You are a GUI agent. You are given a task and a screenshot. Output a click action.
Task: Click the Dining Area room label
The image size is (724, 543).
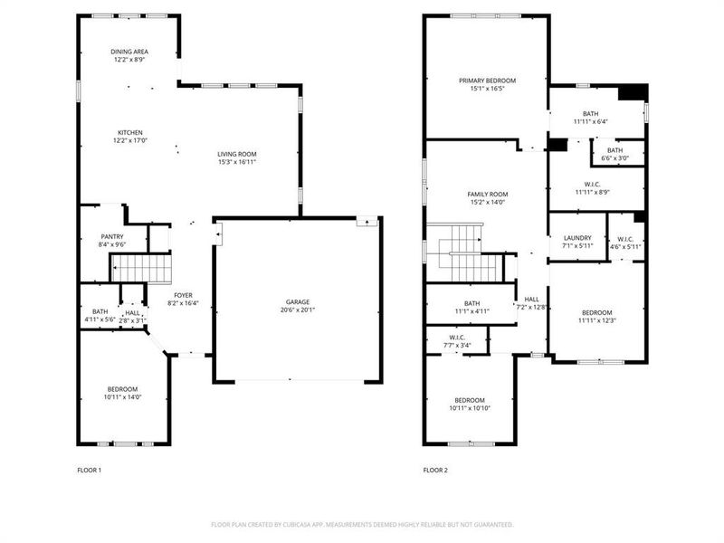[x=130, y=52]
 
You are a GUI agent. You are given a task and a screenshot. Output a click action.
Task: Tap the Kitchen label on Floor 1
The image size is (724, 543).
[x=130, y=132]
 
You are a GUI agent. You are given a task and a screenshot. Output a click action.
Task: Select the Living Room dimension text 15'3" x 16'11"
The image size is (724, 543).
[x=237, y=162]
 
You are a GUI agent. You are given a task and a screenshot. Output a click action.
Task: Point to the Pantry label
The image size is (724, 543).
[x=111, y=236]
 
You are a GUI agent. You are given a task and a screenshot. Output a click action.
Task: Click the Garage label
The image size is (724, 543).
[x=298, y=301]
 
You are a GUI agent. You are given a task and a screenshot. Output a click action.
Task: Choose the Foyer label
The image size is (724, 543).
[x=184, y=295]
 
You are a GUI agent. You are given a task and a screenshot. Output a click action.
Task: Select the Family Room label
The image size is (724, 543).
[x=487, y=194]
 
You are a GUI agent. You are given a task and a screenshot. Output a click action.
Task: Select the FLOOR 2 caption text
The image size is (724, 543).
[x=435, y=470]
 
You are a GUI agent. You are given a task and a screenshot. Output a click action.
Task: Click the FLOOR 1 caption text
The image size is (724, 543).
[x=90, y=470]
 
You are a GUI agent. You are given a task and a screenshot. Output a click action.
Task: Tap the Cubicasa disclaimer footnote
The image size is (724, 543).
[x=362, y=524]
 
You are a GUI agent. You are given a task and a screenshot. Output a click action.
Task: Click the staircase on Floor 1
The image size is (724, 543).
[x=140, y=268]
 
